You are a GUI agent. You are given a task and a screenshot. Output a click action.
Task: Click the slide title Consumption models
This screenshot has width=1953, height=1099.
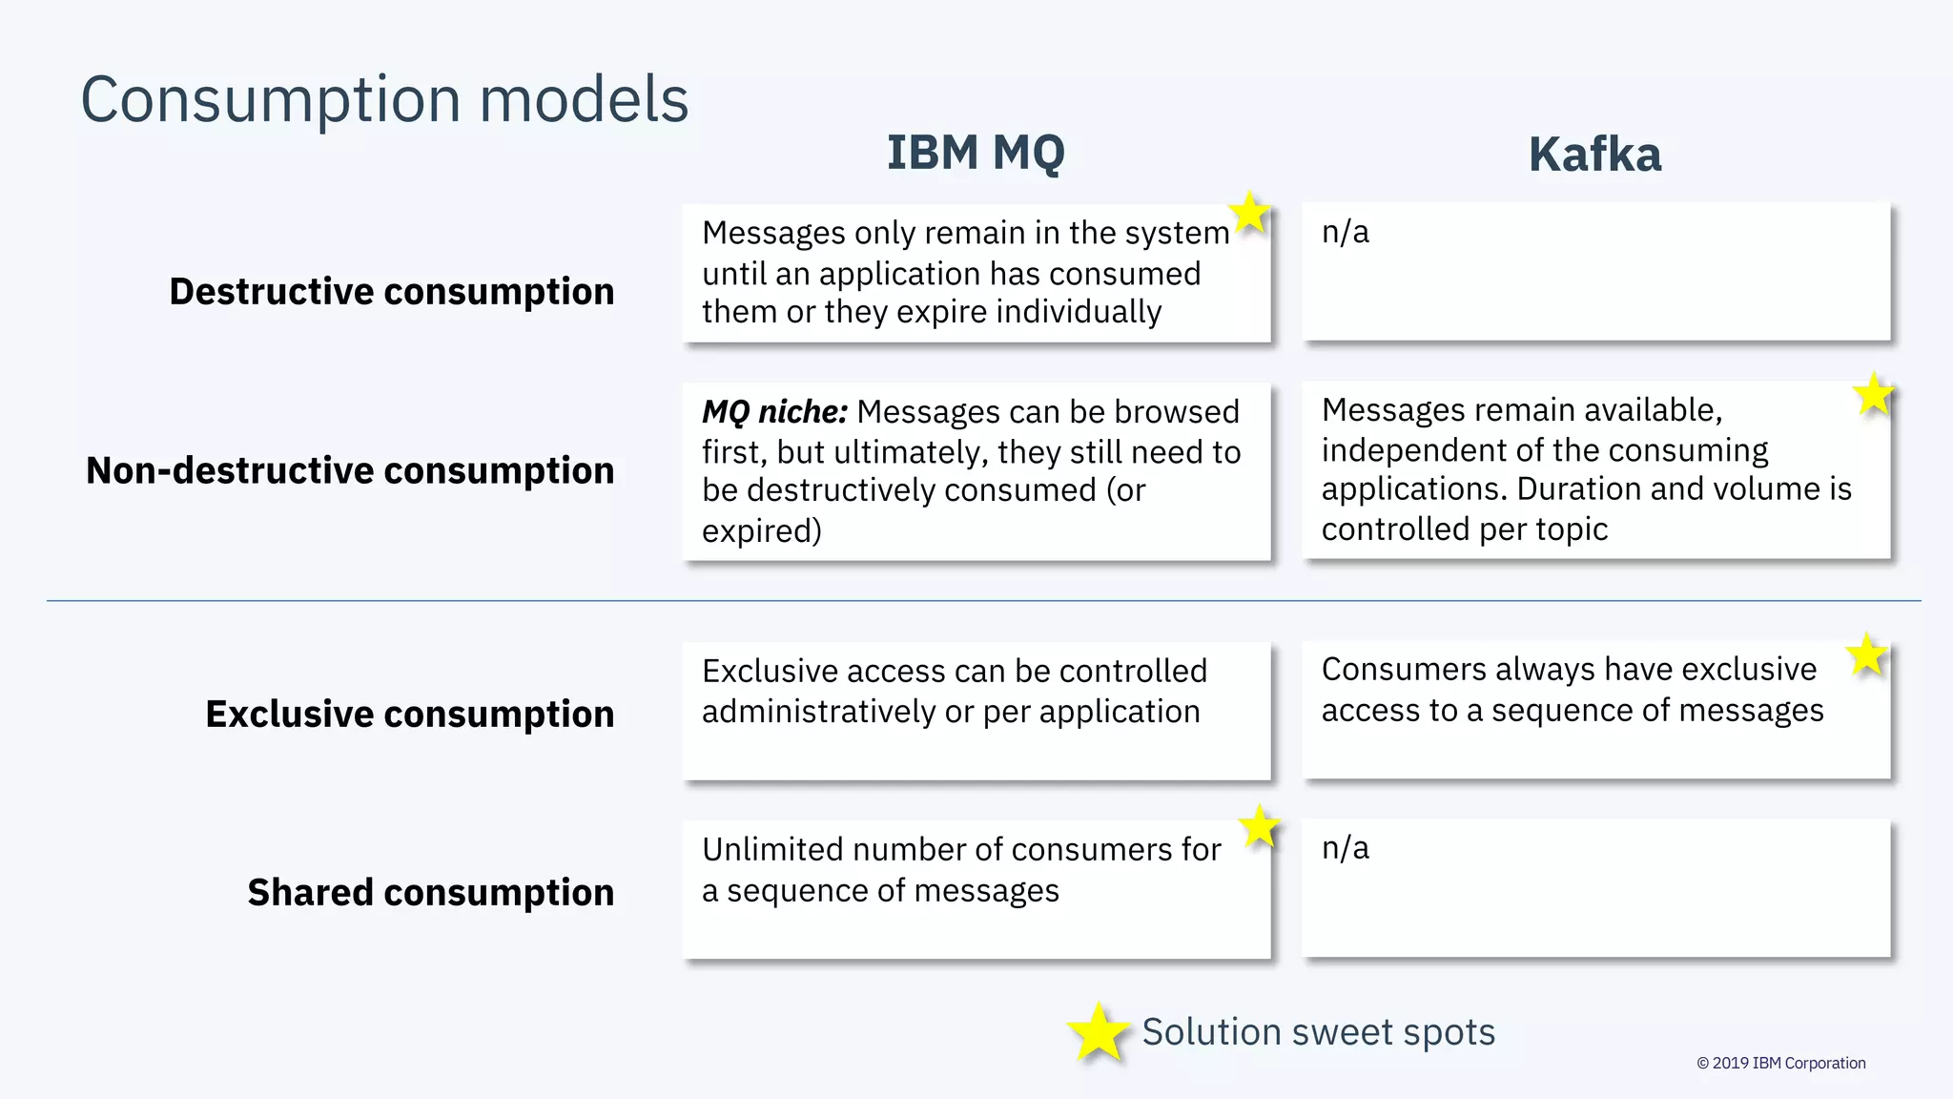(x=384, y=99)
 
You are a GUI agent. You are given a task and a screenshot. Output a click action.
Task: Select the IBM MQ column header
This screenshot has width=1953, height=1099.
(x=976, y=153)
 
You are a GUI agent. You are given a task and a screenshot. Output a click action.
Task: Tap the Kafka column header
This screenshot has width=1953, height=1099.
(x=1594, y=155)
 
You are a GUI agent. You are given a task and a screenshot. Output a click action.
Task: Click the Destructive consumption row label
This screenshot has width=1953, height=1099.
(x=391, y=292)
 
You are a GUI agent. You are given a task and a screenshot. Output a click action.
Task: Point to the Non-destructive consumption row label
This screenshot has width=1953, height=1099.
(x=350, y=470)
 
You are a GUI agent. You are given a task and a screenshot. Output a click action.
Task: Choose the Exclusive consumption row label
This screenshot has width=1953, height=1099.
(x=409, y=714)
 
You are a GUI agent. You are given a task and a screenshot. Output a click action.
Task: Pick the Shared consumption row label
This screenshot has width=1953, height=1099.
(x=430, y=892)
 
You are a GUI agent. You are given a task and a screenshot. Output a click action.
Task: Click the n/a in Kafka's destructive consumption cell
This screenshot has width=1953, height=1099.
(x=1345, y=232)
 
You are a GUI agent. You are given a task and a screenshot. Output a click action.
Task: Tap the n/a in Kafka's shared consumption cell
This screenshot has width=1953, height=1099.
(x=1345, y=847)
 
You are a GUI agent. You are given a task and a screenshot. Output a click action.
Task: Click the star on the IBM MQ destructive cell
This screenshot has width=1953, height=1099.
(x=1249, y=212)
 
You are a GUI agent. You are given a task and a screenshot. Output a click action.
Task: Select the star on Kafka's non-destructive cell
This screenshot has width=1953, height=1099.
(x=1873, y=394)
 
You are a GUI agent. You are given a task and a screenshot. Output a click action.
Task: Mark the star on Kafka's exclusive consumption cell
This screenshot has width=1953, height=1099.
(x=1866, y=655)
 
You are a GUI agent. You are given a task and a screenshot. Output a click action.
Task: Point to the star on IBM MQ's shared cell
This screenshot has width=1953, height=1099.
(x=1260, y=826)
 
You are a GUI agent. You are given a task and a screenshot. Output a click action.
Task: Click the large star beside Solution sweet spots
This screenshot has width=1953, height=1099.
(x=1098, y=1032)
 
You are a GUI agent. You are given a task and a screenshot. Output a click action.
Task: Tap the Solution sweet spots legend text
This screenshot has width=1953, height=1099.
(x=1318, y=1032)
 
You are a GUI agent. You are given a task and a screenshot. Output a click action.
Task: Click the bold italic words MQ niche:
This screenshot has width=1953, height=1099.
(x=774, y=412)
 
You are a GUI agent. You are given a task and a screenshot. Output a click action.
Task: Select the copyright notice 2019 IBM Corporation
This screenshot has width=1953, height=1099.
(x=1780, y=1063)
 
